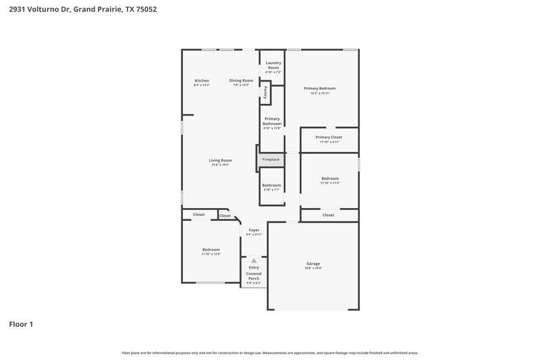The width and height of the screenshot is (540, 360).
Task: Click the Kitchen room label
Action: click(202, 80)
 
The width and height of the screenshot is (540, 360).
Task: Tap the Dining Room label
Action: click(241, 80)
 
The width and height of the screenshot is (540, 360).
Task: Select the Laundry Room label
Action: click(273, 66)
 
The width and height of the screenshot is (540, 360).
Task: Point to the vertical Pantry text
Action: click(266, 93)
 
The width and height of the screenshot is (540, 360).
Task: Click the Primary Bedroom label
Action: click(319, 88)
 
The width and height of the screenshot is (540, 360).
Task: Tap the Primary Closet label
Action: click(329, 137)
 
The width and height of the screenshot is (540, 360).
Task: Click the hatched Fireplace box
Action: click(271, 159)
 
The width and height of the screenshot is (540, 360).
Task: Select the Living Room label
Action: click(220, 160)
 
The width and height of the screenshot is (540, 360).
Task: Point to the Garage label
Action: click(313, 263)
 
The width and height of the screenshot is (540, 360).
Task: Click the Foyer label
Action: click(254, 230)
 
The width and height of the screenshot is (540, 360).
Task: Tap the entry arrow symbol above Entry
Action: click(254, 260)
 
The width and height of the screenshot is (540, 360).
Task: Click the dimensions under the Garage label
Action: click(313, 268)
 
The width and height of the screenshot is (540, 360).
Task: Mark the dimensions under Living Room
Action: click(220, 165)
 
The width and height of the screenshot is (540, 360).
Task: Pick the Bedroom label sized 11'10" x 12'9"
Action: click(211, 249)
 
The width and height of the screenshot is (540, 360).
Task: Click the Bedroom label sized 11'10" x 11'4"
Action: click(330, 178)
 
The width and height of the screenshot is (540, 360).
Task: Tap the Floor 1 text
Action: click(21, 324)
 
